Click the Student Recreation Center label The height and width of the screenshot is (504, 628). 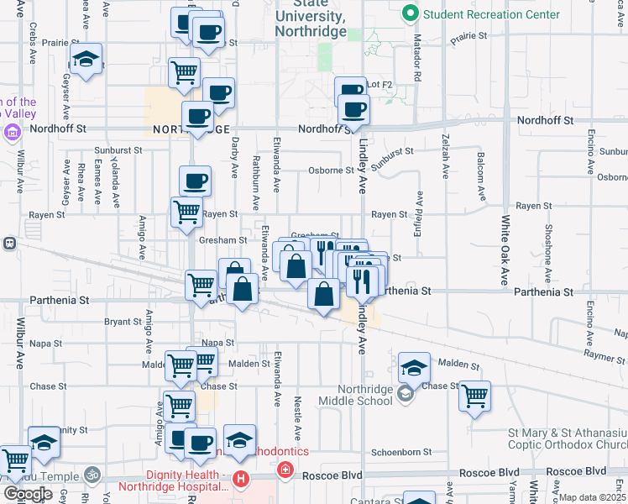[491, 14]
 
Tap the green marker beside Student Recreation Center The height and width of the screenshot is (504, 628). [411, 13]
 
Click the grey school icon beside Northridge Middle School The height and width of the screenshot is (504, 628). [406, 394]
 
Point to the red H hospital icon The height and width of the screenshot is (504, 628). [242, 480]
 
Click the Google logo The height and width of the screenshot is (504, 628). [29, 493]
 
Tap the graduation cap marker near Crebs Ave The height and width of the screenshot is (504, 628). [86, 60]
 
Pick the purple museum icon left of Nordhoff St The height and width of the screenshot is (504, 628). [13, 133]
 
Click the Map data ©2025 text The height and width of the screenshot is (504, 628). [593, 497]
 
